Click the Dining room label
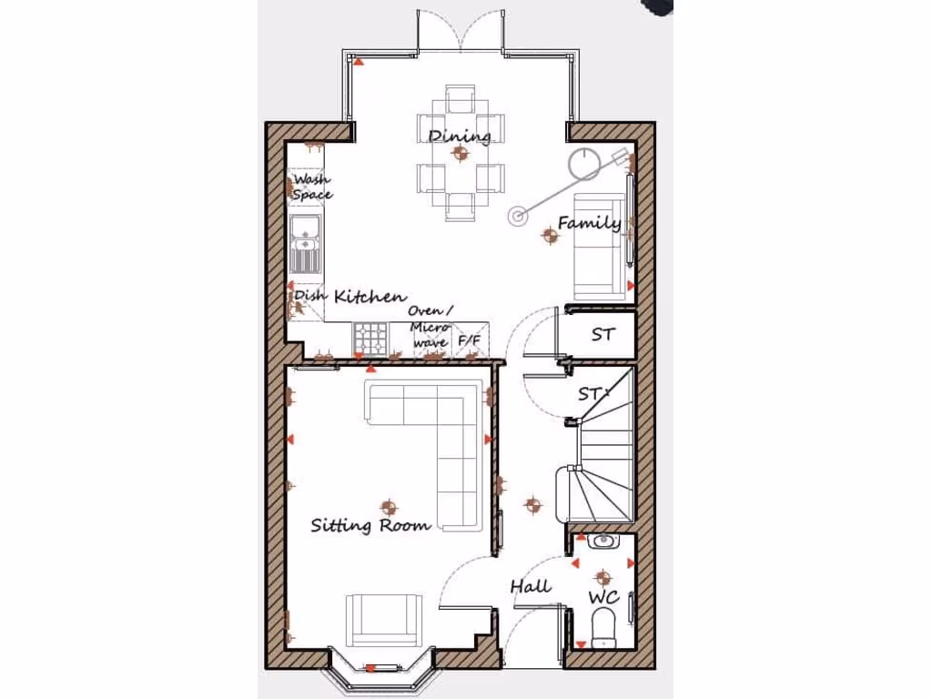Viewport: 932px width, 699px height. [x=460, y=137]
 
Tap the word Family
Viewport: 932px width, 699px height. [x=589, y=223]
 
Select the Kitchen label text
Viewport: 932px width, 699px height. [x=370, y=297]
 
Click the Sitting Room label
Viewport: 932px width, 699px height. [x=370, y=525]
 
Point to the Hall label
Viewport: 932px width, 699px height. [x=530, y=587]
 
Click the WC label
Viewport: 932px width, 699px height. [x=603, y=598]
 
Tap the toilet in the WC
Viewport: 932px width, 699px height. [x=603, y=627]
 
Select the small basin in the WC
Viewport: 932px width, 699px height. [x=603, y=542]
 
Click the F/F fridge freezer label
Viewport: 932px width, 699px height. [x=470, y=341]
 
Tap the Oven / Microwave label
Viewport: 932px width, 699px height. [x=428, y=328]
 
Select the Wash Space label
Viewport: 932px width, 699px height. [x=311, y=187]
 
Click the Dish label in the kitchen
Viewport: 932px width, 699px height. [x=305, y=297]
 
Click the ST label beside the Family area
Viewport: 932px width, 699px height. [x=603, y=335]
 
